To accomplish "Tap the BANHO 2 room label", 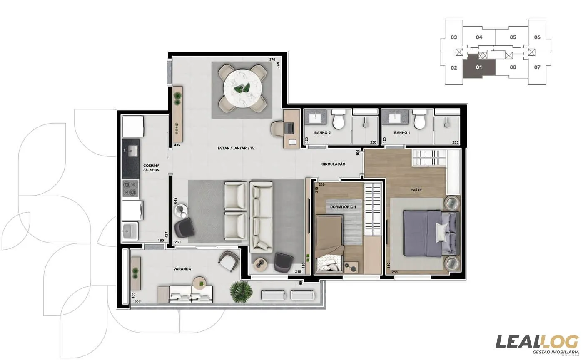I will pos(323,133).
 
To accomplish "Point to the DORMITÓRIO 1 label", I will pos(343,207).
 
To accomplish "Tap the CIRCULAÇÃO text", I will pos(333,164).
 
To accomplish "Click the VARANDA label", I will pos(182,269).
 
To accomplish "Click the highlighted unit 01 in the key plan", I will pos(479,67).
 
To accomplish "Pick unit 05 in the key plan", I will pos(513,37).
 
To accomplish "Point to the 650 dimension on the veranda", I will pos(137,301).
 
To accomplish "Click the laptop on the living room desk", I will pos(289,127).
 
